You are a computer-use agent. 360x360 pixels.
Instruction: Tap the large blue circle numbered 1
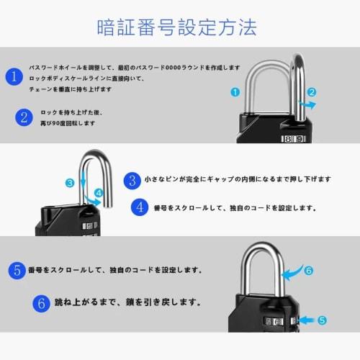pyautogui.click(x=12, y=76)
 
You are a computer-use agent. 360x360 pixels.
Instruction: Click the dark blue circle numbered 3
pyautogui.click(x=132, y=179)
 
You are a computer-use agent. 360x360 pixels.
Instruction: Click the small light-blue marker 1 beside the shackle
pyautogui.click(x=235, y=92)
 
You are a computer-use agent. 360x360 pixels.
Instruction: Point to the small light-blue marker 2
pyautogui.click(x=312, y=92)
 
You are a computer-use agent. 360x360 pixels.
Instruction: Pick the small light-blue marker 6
pyautogui.click(x=308, y=271)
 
